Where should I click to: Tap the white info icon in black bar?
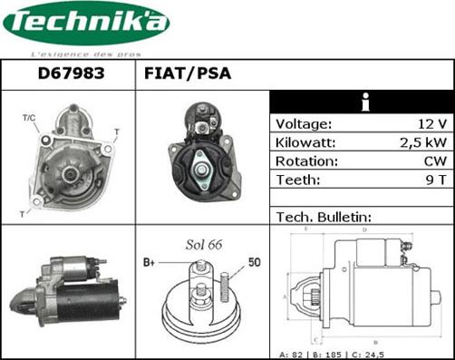[x=363, y=102]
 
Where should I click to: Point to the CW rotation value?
[x=435, y=161]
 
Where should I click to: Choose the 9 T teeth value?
[x=436, y=180]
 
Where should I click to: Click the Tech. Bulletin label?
[x=324, y=217]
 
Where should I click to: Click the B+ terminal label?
[x=150, y=262]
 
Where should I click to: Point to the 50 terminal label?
[x=254, y=262]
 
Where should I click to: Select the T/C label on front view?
[x=28, y=119]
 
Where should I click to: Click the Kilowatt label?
[x=306, y=142]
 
